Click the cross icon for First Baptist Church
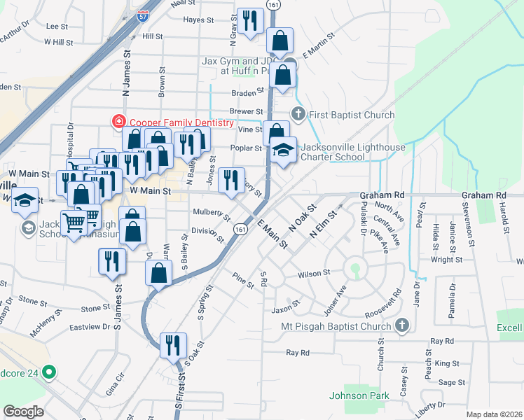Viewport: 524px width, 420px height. tap(298, 114)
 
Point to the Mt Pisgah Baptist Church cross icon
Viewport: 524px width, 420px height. tap(402, 325)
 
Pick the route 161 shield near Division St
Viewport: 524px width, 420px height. tap(240, 230)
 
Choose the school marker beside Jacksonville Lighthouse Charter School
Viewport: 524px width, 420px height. tap(284, 150)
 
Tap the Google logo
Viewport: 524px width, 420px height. tap(23, 412)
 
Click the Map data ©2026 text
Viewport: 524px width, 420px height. tap(493, 414)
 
